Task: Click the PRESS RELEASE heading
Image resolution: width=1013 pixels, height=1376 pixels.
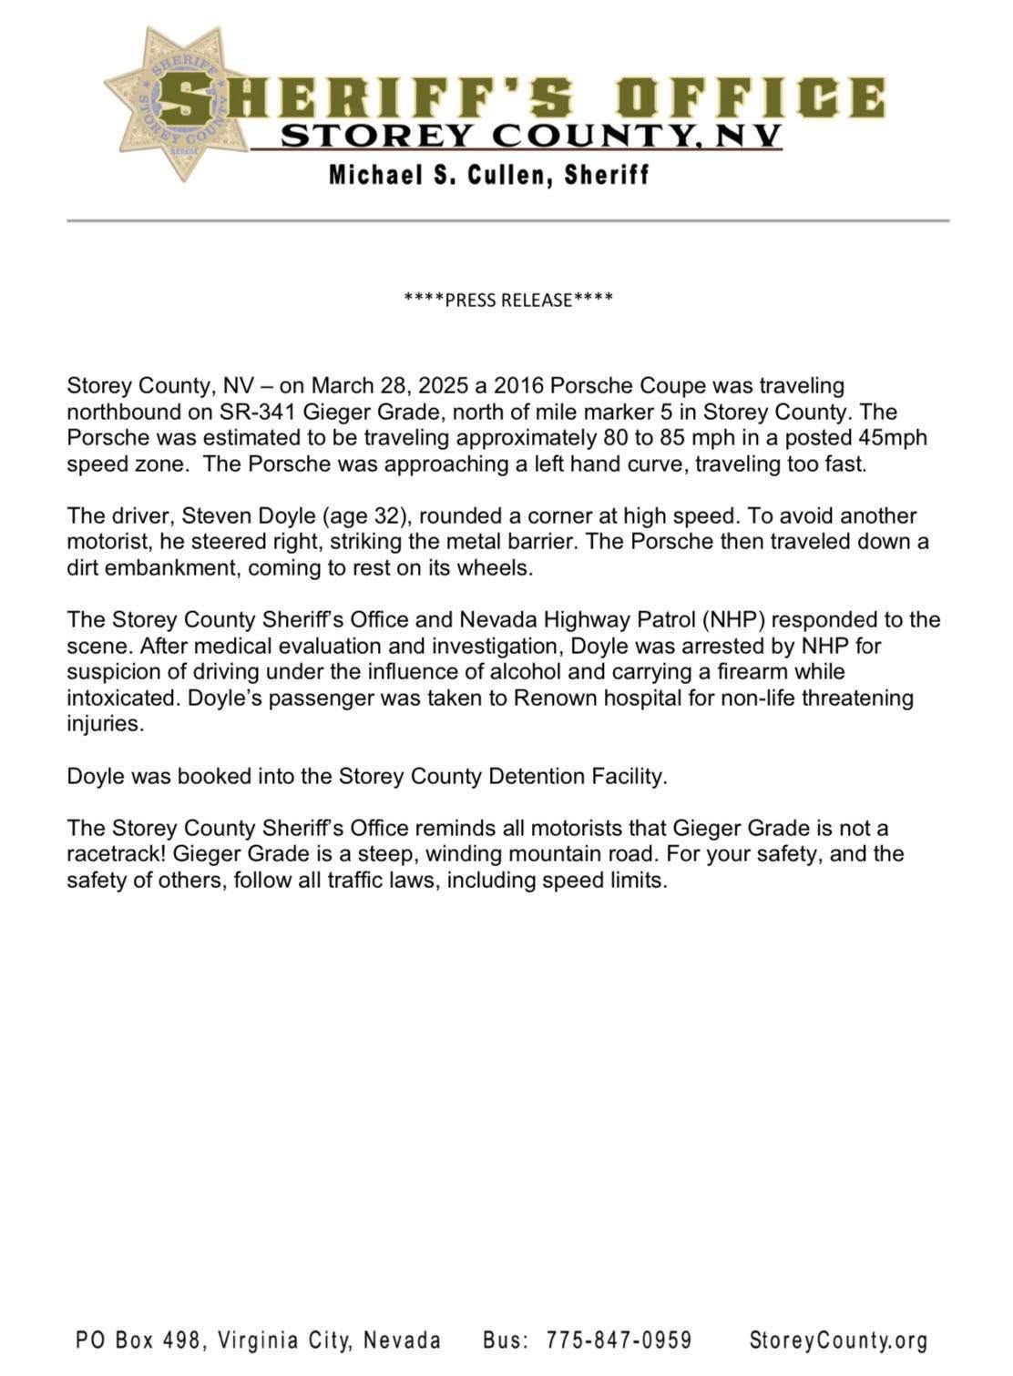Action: (x=508, y=300)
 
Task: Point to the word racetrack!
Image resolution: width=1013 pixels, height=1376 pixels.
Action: (x=116, y=854)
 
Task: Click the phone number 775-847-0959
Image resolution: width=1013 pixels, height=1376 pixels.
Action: (x=619, y=1340)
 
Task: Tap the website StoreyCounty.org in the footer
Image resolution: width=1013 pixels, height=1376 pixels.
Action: (x=838, y=1340)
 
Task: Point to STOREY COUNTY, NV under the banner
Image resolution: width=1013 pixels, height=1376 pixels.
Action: (x=530, y=136)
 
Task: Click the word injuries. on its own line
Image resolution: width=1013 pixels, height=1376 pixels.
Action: (x=106, y=725)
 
